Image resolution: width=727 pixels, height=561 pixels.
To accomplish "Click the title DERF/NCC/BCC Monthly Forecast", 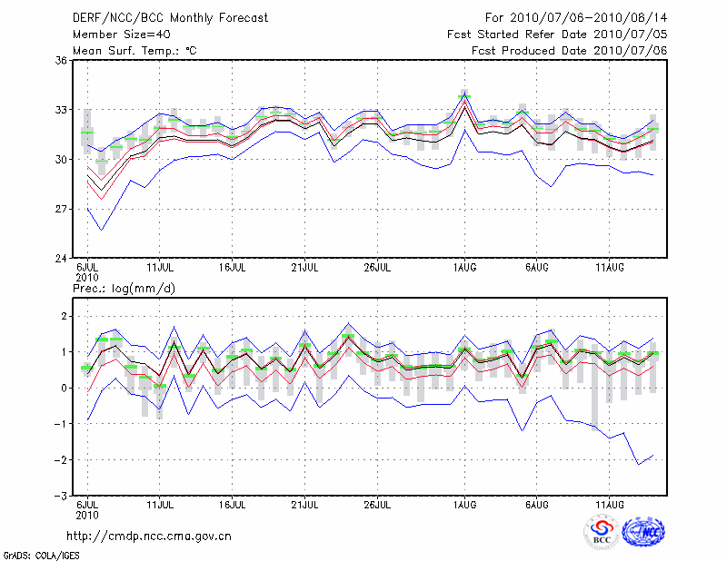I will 170,17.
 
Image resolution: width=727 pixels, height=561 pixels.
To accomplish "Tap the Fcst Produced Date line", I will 570,50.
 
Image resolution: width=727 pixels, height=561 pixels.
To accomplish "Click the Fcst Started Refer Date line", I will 557,34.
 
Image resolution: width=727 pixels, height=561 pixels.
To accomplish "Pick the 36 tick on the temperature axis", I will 61,60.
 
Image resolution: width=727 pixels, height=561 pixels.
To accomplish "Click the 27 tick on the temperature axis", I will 61,209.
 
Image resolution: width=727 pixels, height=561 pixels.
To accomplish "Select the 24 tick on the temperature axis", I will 61,259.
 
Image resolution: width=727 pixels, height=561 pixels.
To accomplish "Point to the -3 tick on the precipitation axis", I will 60,497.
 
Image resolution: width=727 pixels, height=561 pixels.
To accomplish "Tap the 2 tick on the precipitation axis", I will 64,316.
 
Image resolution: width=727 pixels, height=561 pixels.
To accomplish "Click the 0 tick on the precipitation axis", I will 64,388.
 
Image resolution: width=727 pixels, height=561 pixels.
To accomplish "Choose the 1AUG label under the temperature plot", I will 465,268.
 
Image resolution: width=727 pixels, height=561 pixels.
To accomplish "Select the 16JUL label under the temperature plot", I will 234,268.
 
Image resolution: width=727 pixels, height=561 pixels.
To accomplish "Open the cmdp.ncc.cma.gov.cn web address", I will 149,536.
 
